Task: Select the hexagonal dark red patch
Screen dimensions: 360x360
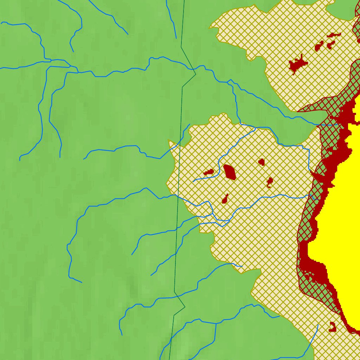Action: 230,172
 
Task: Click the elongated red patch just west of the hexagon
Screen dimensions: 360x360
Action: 208,172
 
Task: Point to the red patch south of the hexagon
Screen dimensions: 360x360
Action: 225,199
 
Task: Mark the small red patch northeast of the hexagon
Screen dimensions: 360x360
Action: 261,162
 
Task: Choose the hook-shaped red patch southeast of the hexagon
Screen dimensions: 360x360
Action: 270,182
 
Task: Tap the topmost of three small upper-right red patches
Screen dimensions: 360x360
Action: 334,35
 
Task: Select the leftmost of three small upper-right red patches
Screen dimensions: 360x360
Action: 319,46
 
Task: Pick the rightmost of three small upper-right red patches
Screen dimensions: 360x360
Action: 331,44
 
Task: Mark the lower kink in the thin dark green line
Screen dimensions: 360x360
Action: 185,307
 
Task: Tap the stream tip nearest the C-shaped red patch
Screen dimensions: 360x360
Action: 318,325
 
